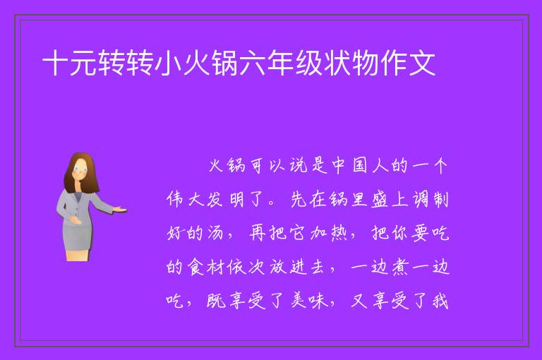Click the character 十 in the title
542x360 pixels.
(x=55, y=63)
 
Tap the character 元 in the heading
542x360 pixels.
(x=83, y=63)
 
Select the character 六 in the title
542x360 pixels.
(x=253, y=63)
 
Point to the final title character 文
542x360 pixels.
(x=422, y=63)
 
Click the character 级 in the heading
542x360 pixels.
(x=308, y=63)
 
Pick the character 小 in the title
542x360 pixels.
(x=168, y=63)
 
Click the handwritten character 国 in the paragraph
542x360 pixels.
(x=359, y=166)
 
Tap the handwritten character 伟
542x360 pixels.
(x=174, y=200)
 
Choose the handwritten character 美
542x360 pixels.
(x=299, y=301)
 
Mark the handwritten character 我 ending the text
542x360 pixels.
(x=440, y=301)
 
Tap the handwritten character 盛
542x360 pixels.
(x=380, y=200)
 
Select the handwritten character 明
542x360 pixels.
(x=236, y=200)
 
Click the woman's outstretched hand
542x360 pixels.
(x=120, y=209)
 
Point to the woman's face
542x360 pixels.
(x=81, y=171)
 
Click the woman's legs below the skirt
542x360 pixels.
(x=78, y=256)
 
